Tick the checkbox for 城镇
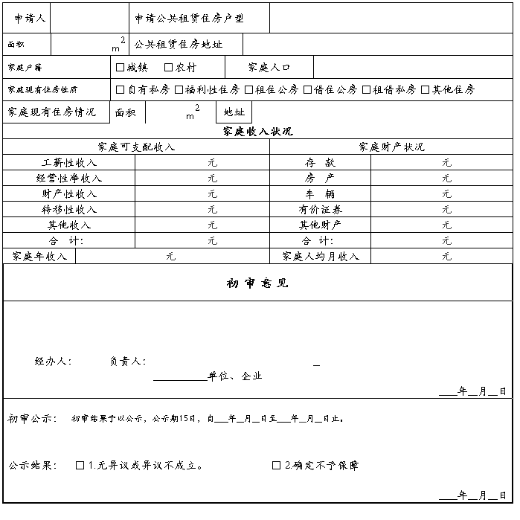coord(121,68)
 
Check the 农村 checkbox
coord(169,68)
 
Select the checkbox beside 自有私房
coord(121,90)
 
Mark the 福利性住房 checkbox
coord(179,90)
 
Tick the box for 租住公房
coord(248,90)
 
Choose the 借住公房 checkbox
coord(307,90)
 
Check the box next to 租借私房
coord(366,90)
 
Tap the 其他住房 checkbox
coord(426,90)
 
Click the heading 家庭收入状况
coord(257,131)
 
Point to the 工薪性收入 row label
coord(69,162)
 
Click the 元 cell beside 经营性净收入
coord(212,179)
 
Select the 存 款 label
coord(320,162)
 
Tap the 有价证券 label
coord(321,210)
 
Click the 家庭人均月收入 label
coord(321,257)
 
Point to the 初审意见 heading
coord(257,283)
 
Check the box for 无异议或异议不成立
coord(80,466)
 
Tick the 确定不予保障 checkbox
coord(277,466)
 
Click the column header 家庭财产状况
coord(391,147)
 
